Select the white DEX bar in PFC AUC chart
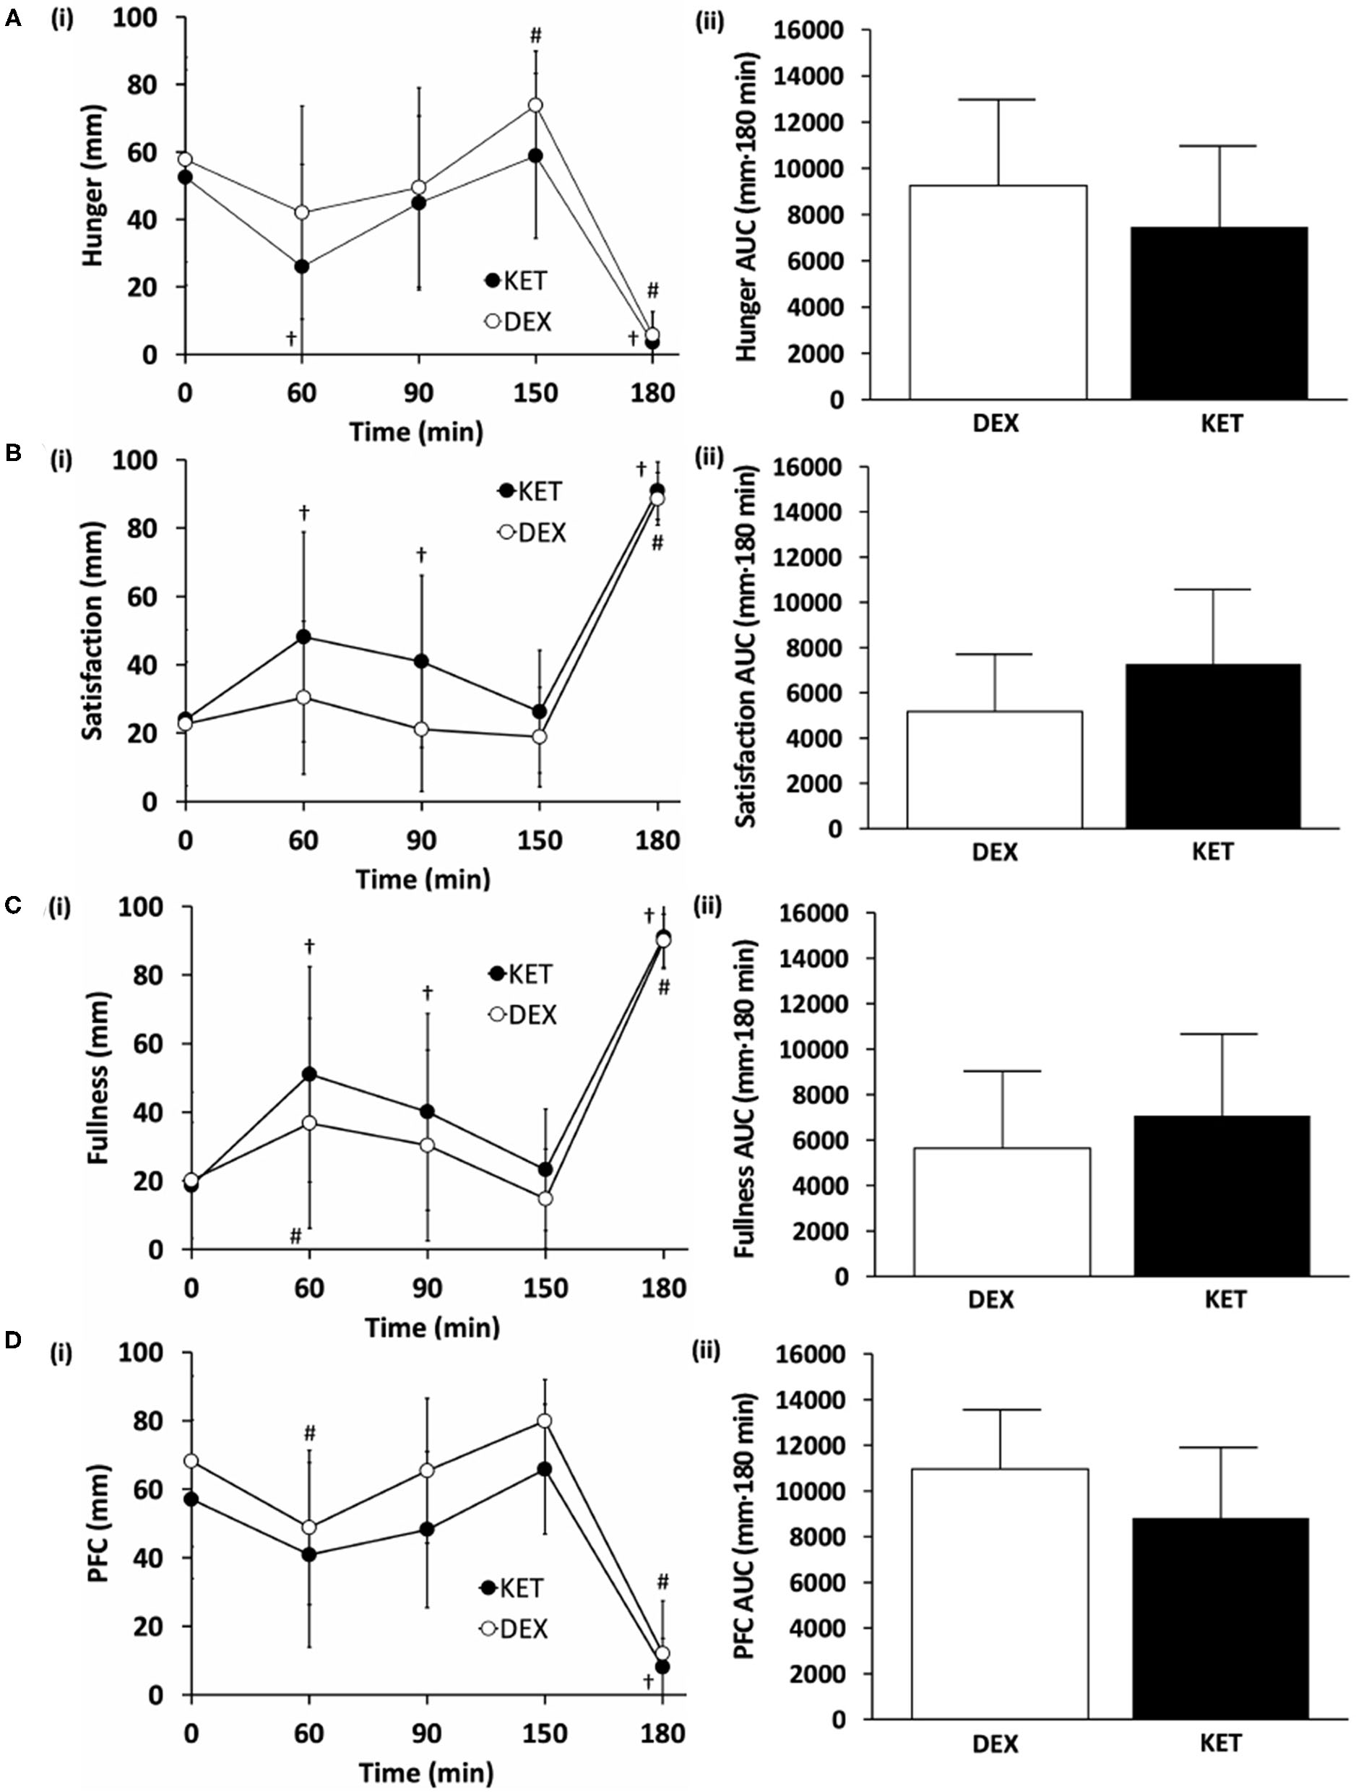pyautogui.click(x=1000, y=1597)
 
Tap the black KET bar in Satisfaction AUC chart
pyautogui.click(x=1213, y=745)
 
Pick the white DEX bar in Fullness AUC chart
pyautogui.click(x=1002, y=1211)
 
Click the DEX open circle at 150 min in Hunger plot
pyautogui.click(x=535, y=105)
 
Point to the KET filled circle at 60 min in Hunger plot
pyautogui.click(x=302, y=267)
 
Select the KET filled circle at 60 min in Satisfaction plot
pyautogui.click(x=303, y=637)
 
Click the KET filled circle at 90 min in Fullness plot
pyautogui.click(x=427, y=1111)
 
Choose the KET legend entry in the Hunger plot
pyautogui.click(x=516, y=280)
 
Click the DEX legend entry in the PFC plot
pyautogui.click(x=515, y=1629)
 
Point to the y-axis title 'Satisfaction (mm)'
pyautogui.click(x=94, y=630)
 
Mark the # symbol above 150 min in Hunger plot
pyautogui.click(x=535, y=35)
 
